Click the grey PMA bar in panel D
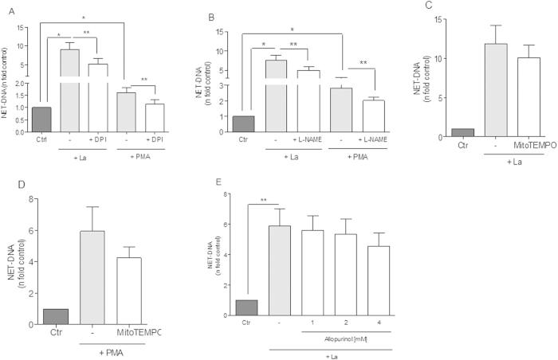click(94, 278)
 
